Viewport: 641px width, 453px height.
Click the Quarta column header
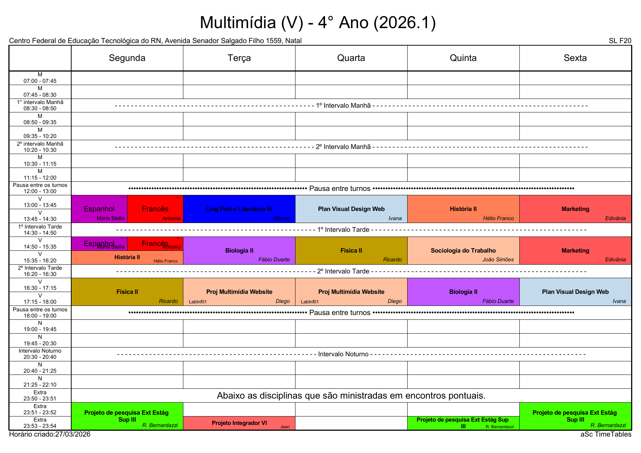click(x=351, y=58)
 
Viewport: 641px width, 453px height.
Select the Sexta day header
click(x=575, y=58)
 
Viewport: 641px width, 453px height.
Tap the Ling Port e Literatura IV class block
click(x=239, y=209)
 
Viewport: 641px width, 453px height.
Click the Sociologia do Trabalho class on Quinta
click(x=463, y=250)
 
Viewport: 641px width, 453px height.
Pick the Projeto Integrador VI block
click(x=239, y=423)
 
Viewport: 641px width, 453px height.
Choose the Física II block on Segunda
click(x=127, y=292)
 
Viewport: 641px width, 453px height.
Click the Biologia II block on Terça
click(x=239, y=250)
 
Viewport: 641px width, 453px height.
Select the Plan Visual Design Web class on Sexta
click(x=575, y=292)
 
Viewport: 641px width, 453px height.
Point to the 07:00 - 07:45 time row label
click(x=40, y=78)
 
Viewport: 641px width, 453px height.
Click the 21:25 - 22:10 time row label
click(x=40, y=382)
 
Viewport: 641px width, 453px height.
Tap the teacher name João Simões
click(x=498, y=260)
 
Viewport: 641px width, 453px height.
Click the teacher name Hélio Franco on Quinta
click(x=498, y=218)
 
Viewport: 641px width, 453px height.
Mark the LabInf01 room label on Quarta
click(x=310, y=302)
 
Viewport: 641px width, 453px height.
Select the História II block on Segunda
click(x=127, y=257)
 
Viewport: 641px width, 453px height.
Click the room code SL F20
click(x=620, y=41)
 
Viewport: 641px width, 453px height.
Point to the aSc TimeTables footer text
click(x=606, y=434)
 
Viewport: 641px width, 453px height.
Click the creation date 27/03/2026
click(x=73, y=434)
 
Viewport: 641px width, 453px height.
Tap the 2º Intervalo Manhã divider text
click(x=343, y=147)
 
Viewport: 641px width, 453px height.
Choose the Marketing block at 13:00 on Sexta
click(x=575, y=209)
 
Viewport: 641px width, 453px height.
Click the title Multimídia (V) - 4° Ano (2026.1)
click(x=318, y=23)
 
